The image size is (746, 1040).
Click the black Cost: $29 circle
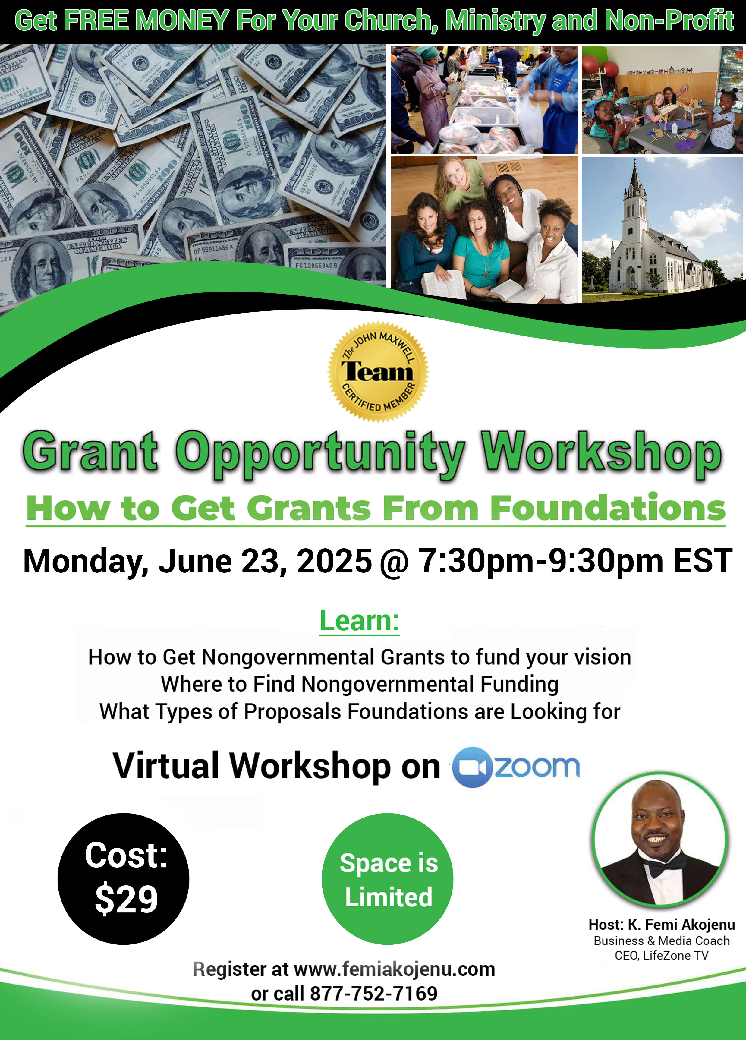pyautogui.click(x=123, y=879)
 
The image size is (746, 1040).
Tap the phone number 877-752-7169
pyautogui.click(x=374, y=993)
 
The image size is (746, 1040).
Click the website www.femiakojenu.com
pyautogui.click(x=394, y=969)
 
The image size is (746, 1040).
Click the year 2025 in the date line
pyautogui.click(x=334, y=560)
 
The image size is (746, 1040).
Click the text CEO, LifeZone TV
pyautogui.click(x=662, y=955)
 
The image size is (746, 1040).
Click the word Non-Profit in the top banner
pyautogui.click(x=669, y=20)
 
